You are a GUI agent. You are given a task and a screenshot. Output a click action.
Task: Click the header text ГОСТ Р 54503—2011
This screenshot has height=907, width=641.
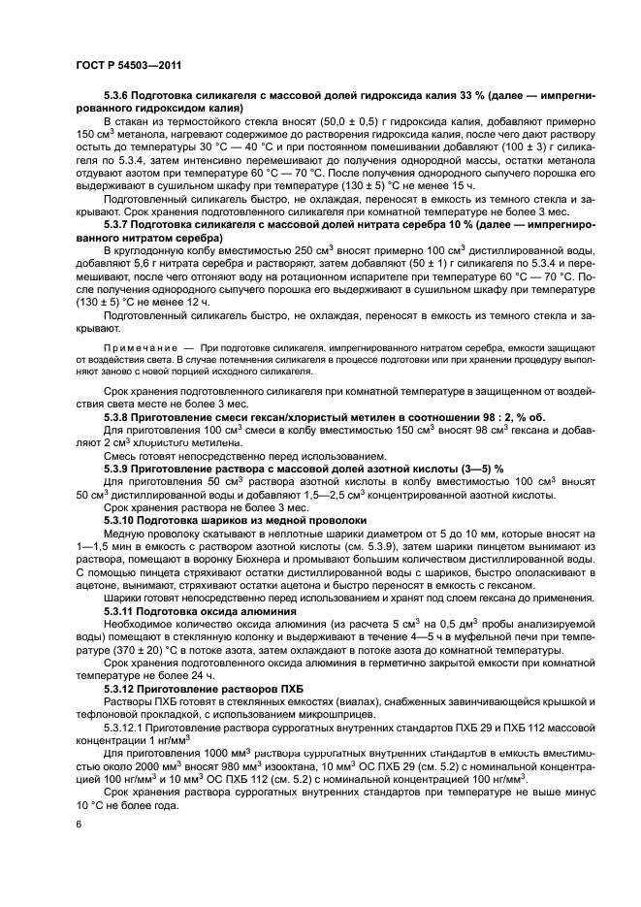click(x=119, y=66)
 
